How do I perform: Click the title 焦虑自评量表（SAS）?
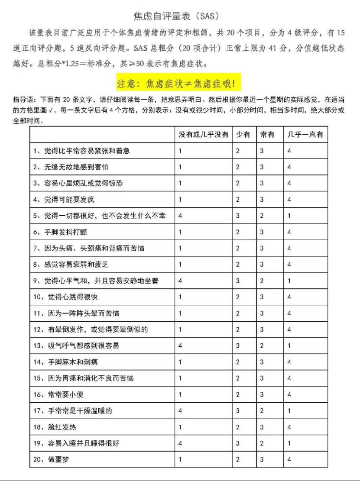click(180, 16)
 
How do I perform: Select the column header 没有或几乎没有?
click(204, 135)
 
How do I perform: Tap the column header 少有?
click(243, 135)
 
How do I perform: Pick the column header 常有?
click(267, 135)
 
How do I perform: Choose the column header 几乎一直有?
click(305, 135)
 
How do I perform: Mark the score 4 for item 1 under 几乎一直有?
click(289, 151)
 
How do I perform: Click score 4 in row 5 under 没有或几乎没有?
click(180, 216)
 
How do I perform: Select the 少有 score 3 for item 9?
click(238, 281)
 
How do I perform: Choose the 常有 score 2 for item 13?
click(262, 346)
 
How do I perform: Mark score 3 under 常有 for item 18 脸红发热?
click(262, 427)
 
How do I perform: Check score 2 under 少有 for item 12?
click(238, 329)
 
